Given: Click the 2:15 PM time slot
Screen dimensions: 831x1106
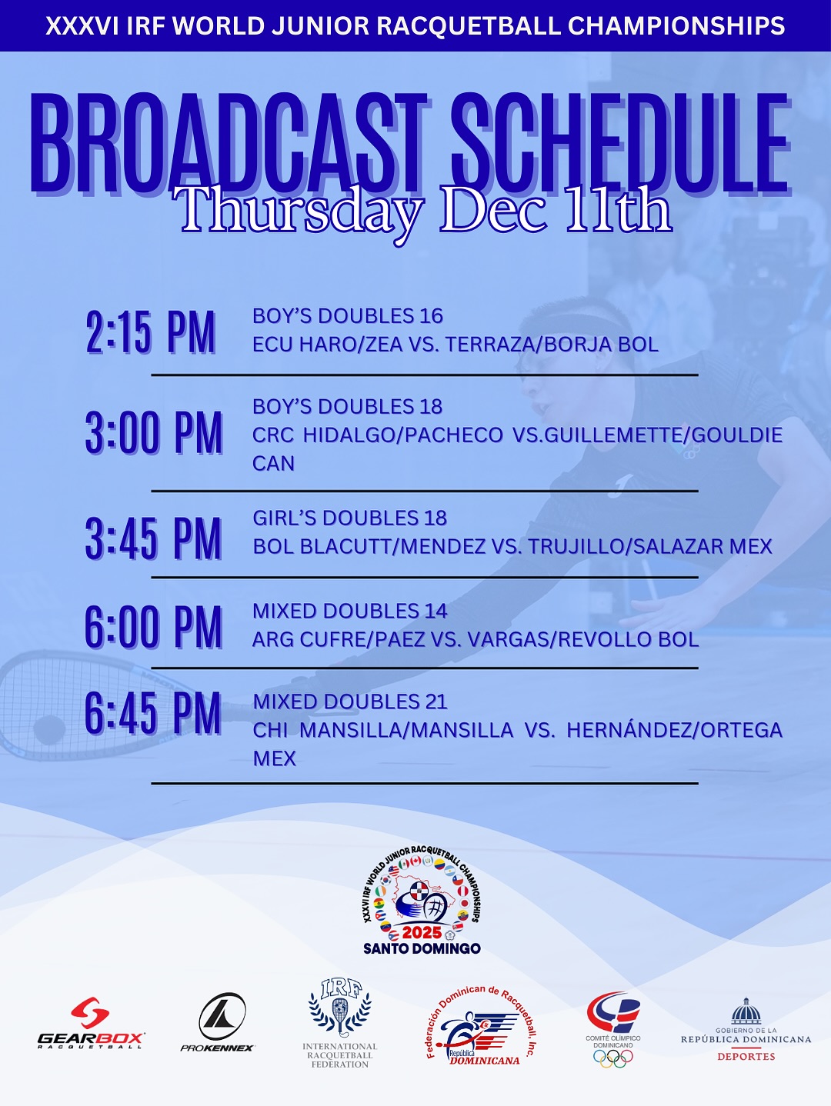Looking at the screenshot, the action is coord(151,332).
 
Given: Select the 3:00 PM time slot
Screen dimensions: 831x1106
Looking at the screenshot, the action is coord(154,433).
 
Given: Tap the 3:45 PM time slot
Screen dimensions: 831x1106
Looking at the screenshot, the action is coord(153,538).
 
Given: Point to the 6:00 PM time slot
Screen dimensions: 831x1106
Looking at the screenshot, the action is coord(153,627).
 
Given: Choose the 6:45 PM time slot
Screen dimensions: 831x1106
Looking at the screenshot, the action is coord(152,713).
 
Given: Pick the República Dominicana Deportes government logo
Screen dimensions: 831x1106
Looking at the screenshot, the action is coord(746,1030).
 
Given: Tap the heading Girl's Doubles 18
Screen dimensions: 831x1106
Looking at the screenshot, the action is coord(350,518).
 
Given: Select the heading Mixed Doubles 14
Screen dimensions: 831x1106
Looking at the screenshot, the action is coord(350,611).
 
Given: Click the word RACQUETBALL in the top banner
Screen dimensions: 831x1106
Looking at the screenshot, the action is coord(469,26).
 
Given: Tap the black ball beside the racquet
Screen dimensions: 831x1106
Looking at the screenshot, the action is coord(49,730).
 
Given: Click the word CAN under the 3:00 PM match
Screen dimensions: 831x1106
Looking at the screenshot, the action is coord(274,464).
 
